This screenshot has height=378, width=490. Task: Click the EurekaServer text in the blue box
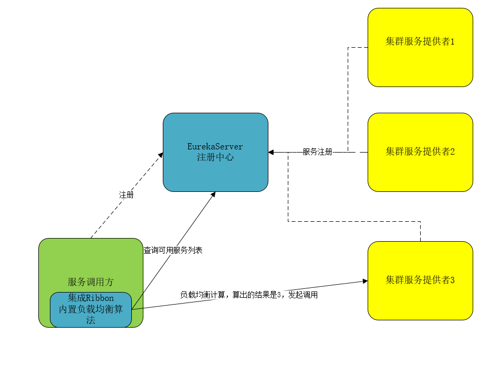pyautogui.click(x=215, y=146)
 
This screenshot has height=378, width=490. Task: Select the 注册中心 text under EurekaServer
pyautogui.click(x=215, y=157)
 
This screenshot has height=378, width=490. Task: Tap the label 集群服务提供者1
pyautogui.click(x=420, y=42)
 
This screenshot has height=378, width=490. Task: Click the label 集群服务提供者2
pyautogui.click(x=420, y=152)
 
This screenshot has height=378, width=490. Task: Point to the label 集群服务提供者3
pyautogui.click(x=420, y=280)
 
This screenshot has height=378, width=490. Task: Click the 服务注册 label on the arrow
pyautogui.click(x=317, y=152)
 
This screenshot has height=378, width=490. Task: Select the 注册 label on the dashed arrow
pyautogui.click(x=126, y=195)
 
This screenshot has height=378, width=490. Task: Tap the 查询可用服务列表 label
pyautogui.click(x=173, y=251)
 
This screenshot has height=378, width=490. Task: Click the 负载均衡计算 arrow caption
pyautogui.click(x=202, y=295)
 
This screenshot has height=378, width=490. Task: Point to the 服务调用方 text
pyautogui.click(x=90, y=282)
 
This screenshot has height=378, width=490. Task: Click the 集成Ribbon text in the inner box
pyautogui.click(x=90, y=298)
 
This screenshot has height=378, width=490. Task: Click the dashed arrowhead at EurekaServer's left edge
pyautogui.click(x=161, y=154)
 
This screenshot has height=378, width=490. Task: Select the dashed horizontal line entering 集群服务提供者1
pyautogui.click(x=358, y=47)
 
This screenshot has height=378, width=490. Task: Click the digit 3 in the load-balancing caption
pyautogui.click(x=279, y=295)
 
